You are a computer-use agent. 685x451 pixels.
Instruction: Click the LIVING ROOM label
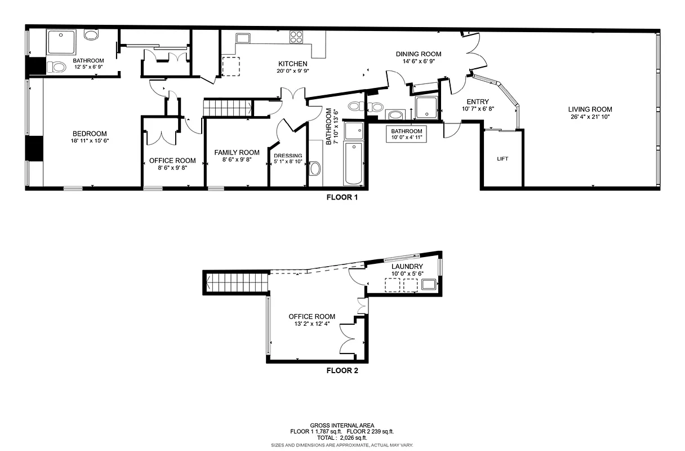coord(590,109)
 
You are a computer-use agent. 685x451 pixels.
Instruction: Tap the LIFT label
coord(502,159)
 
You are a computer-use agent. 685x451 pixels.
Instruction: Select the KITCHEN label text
coord(293,64)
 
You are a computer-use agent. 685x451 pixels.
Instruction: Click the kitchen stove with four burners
coord(296,37)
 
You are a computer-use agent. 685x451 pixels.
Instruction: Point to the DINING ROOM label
coord(418,54)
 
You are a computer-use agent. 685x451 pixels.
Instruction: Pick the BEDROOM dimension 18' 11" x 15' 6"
coord(89,141)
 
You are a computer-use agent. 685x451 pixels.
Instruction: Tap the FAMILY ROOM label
coord(237,152)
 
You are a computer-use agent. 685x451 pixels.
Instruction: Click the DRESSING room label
coord(288,156)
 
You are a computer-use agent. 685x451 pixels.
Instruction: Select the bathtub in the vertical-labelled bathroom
coord(354,163)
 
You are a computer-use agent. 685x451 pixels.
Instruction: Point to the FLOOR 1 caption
coord(342,198)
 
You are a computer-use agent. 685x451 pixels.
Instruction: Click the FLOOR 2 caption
coord(342,371)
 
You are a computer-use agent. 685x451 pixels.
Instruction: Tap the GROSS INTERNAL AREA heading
coord(342,426)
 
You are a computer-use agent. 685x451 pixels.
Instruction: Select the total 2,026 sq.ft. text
coord(342,437)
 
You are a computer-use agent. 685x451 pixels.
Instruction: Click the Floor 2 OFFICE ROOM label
coord(312,317)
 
